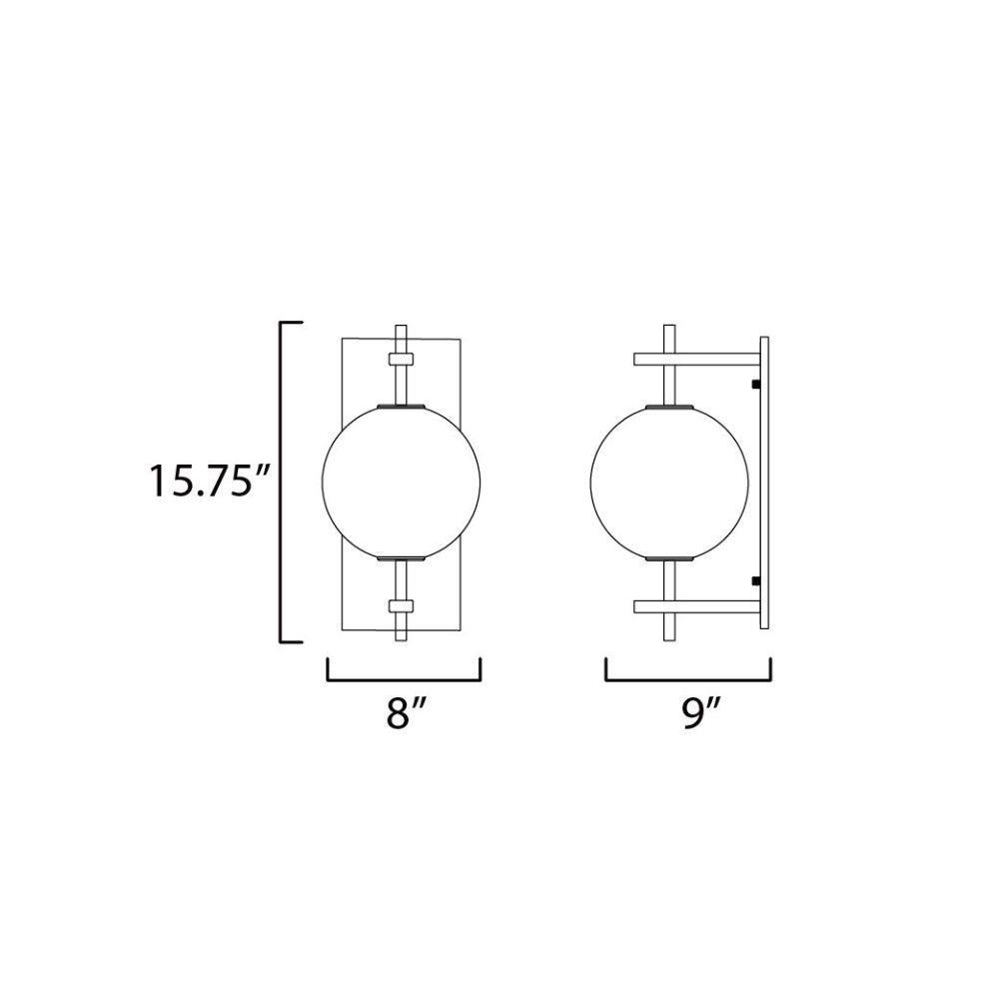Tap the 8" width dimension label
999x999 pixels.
406,712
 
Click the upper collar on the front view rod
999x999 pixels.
401,360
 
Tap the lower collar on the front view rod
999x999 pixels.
401,605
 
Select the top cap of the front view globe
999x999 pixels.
401,406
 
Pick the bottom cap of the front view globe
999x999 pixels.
401,558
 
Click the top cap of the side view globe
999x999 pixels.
669,406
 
